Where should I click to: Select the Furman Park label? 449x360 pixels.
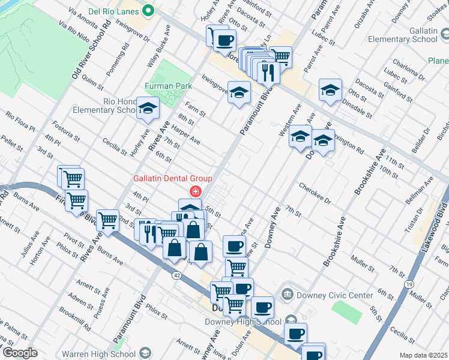point(167,86)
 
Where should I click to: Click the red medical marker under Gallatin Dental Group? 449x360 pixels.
point(194,192)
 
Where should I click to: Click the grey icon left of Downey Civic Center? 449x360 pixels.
point(289,295)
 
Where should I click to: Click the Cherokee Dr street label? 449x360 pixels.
point(315,194)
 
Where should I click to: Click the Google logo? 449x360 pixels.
point(20,353)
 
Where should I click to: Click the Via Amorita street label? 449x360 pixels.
point(83,17)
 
